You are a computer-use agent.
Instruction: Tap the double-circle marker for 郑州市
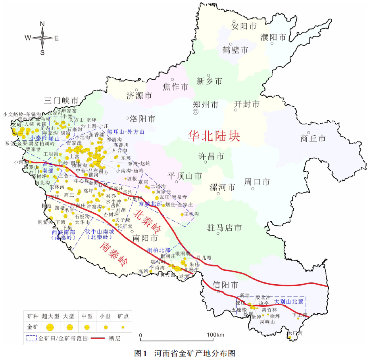coord(195,112)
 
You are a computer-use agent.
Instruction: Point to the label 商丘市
coord(313,138)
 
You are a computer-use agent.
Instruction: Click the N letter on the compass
coord(42,24)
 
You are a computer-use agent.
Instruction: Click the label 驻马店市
coord(225,228)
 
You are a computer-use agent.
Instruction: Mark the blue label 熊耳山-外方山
coord(126,132)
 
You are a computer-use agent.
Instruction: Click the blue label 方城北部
coord(150,204)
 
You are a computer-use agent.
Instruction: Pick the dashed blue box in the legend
coord(31,339)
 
